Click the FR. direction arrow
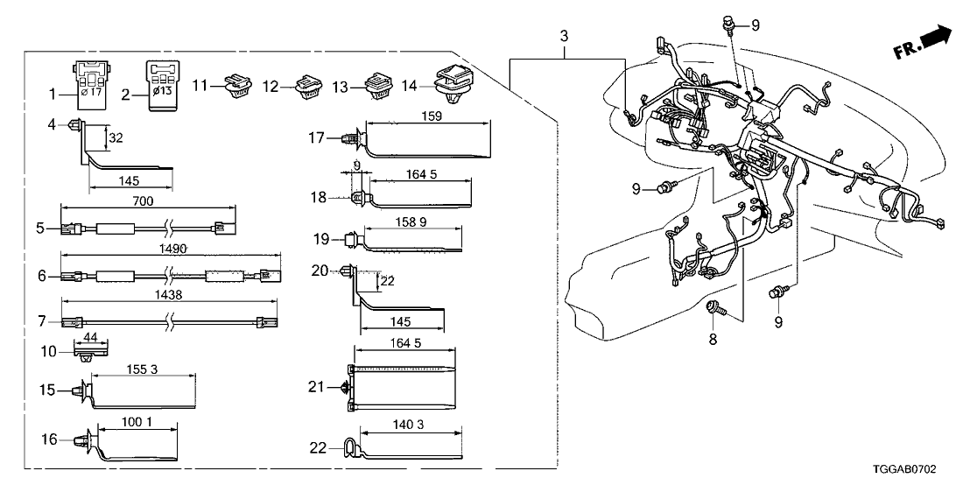923,43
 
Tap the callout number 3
565,37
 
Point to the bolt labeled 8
713,306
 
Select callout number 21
318,385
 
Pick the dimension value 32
114,137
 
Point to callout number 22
318,447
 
